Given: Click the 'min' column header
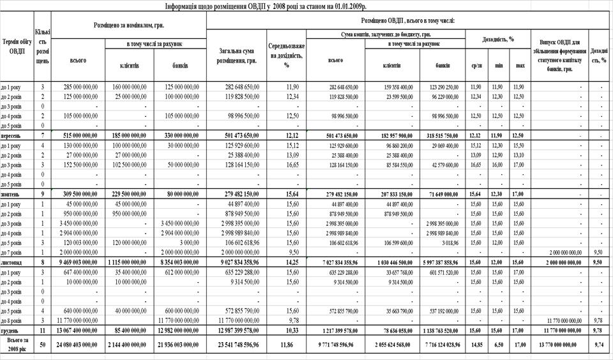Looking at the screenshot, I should [498, 65].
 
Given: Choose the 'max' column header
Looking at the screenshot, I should [520, 65].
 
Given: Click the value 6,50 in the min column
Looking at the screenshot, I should [498, 345].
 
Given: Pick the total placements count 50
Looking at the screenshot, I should [42, 345].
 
